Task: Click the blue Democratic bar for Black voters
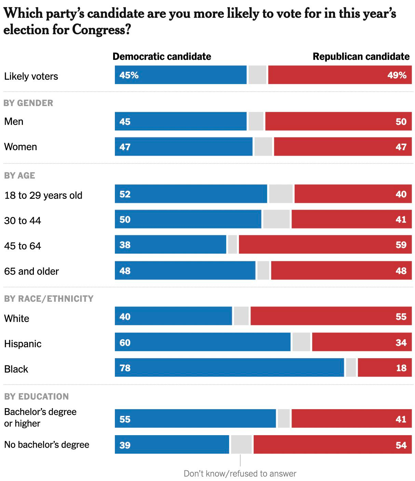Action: tap(229, 367)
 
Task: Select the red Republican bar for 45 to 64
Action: tap(325, 245)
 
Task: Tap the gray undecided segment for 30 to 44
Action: tap(276, 219)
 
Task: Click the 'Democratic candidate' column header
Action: tap(162, 56)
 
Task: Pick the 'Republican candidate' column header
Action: tap(361, 56)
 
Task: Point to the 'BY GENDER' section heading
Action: tap(29, 103)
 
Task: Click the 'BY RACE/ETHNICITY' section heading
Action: tap(49, 299)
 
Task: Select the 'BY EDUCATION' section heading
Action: tap(37, 396)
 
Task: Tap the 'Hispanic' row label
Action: tap(23, 344)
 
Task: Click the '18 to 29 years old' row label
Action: tap(43, 195)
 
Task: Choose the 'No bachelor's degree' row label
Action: tap(47, 445)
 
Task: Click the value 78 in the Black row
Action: tap(125, 368)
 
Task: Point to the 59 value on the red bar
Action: tap(401, 245)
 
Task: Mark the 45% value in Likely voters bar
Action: tap(129, 75)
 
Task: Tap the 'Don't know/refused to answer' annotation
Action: tap(240, 473)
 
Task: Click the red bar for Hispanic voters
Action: tap(361, 342)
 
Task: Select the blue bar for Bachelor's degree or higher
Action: tap(195, 418)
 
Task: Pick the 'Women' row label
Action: tap(21, 147)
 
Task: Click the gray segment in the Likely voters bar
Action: tap(257, 75)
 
